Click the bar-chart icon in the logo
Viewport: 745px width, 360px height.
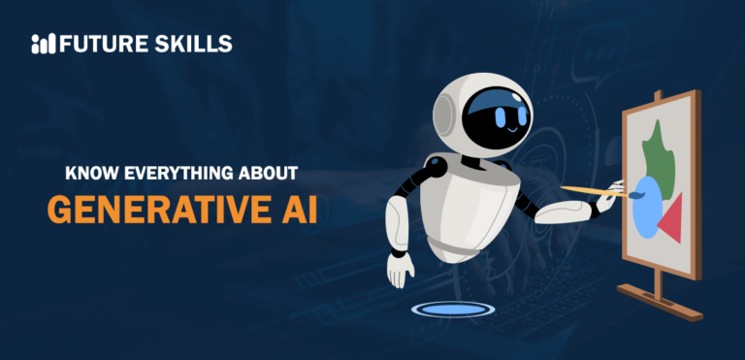pos(44,44)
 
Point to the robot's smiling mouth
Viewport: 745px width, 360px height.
pos(511,127)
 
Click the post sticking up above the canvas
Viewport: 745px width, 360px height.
pos(659,97)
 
